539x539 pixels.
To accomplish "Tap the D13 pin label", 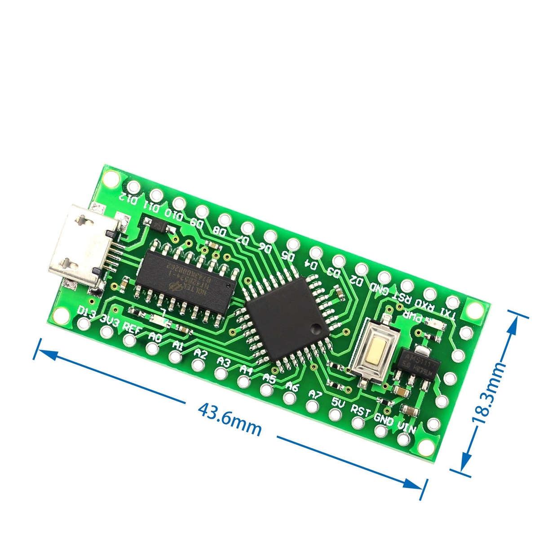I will pos(86,312).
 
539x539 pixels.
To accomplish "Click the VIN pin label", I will pos(406,427).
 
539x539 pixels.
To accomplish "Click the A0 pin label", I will pos(155,336).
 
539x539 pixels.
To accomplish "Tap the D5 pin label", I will pos(287,256).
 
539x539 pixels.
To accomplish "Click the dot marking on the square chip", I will pos(317,329).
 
